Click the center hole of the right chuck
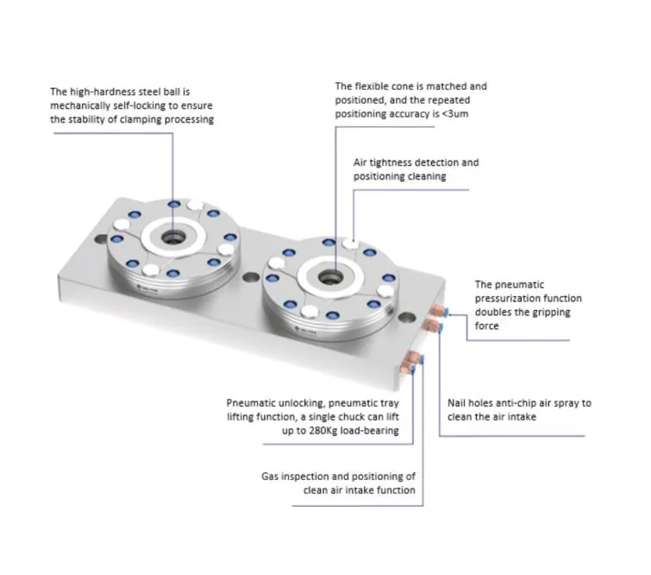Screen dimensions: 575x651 [x=330, y=276]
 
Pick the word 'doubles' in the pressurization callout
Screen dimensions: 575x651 [x=493, y=312]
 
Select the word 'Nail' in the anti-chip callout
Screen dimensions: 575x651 [x=458, y=403]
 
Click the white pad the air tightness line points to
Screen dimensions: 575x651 [x=351, y=244]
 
